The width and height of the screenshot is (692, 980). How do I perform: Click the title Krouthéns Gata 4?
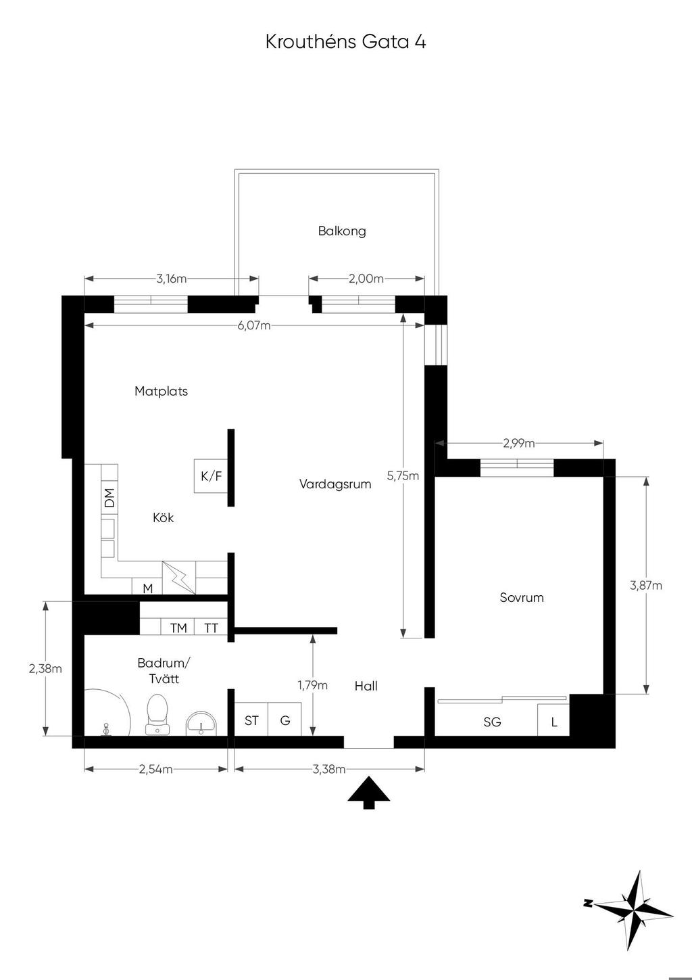345,42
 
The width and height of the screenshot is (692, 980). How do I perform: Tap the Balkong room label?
342,231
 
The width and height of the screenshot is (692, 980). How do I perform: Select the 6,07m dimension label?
254,325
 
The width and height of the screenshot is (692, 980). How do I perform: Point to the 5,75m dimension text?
403,475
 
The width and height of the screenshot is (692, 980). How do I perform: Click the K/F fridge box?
211,476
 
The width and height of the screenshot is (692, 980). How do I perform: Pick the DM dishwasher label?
109,498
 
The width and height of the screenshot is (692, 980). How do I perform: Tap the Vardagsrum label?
335,484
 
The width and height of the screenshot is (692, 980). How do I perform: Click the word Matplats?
162,391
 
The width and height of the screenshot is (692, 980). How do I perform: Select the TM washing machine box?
178,628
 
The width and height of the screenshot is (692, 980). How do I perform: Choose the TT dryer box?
211,628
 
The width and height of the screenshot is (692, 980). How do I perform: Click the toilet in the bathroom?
157,714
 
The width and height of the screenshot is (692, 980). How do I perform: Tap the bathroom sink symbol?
201,722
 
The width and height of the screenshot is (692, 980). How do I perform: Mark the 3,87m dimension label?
645,585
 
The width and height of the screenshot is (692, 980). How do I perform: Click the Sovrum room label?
522,598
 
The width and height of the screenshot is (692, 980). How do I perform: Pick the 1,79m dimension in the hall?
313,685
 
